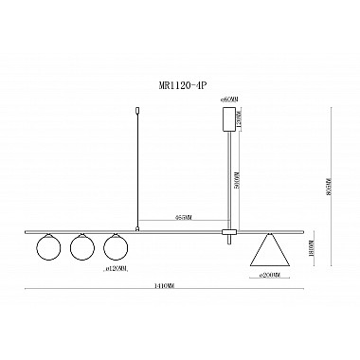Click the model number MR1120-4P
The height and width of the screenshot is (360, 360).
(x=180, y=83)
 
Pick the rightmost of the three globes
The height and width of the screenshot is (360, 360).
(x=117, y=248)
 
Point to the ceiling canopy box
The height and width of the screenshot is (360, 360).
(x=227, y=119)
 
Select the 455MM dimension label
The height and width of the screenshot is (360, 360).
(x=184, y=216)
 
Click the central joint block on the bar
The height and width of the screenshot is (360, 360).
(x=228, y=230)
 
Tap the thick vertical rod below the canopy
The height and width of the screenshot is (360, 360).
(x=228, y=180)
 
